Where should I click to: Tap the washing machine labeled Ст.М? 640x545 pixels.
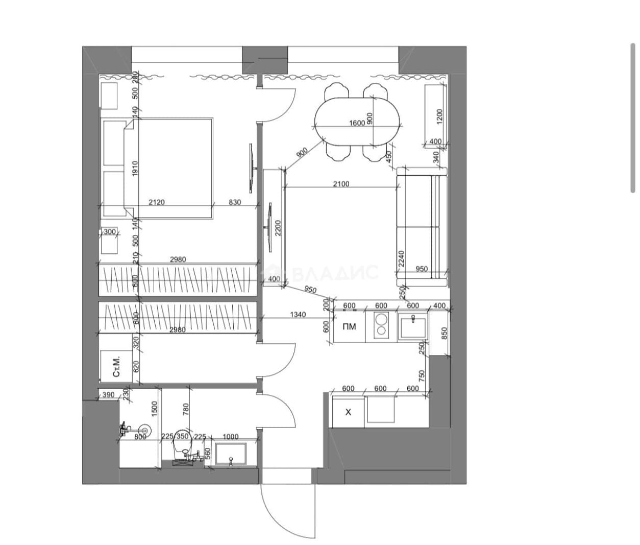[x=116, y=367]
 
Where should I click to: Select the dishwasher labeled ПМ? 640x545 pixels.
[x=349, y=326]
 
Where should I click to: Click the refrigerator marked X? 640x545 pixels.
[x=348, y=412]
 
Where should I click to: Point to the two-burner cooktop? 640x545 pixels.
[x=381, y=326]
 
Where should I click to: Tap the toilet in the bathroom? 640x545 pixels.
[x=184, y=446]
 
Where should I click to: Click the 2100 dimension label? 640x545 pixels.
[x=341, y=184]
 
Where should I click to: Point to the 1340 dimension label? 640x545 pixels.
[x=298, y=315]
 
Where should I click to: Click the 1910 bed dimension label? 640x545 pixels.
[x=135, y=168]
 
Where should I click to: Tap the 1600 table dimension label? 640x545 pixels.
[x=357, y=123]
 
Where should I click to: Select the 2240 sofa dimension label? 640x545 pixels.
[x=401, y=258]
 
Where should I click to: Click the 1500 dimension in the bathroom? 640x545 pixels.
[x=155, y=408]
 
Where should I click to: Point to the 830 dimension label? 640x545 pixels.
[x=235, y=202]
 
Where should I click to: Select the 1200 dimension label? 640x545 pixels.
[x=439, y=116]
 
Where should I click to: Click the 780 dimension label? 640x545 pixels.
[x=186, y=410]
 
